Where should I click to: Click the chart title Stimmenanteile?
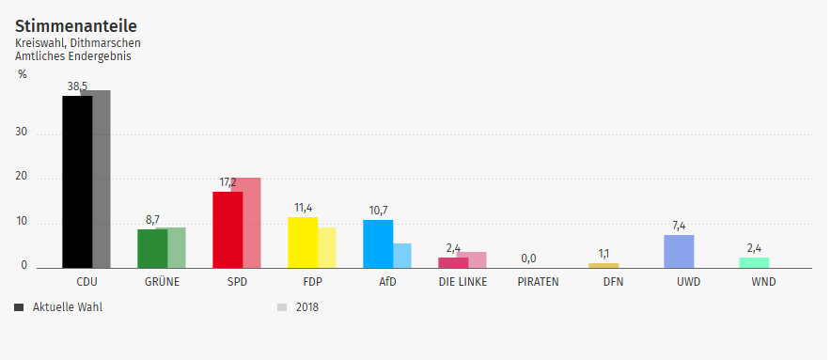[69, 25]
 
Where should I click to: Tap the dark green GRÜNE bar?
[151, 248]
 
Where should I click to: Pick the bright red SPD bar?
[227, 229]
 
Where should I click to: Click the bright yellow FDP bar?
[302, 243]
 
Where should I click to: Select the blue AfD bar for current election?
[377, 243]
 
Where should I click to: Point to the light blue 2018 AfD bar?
[402, 256]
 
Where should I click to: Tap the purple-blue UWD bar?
[679, 251]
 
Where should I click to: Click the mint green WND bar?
[754, 262]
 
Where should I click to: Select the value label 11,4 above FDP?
[303, 208]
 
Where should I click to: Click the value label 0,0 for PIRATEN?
[528, 258]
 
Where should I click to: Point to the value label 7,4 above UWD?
[679, 226]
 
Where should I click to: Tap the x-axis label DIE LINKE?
[463, 281]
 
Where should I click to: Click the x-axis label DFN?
[613, 281]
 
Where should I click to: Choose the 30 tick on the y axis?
[22, 133]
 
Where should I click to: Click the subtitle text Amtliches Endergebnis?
[72, 56]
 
